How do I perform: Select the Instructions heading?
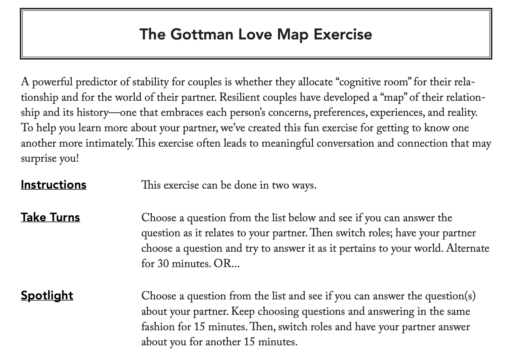[x=53, y=185]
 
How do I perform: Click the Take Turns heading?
[x=50, y=217]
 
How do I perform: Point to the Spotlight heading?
[x=47, y=295]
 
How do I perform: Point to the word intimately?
[x=109, y=143]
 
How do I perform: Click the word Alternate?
[x=468, y=248]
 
